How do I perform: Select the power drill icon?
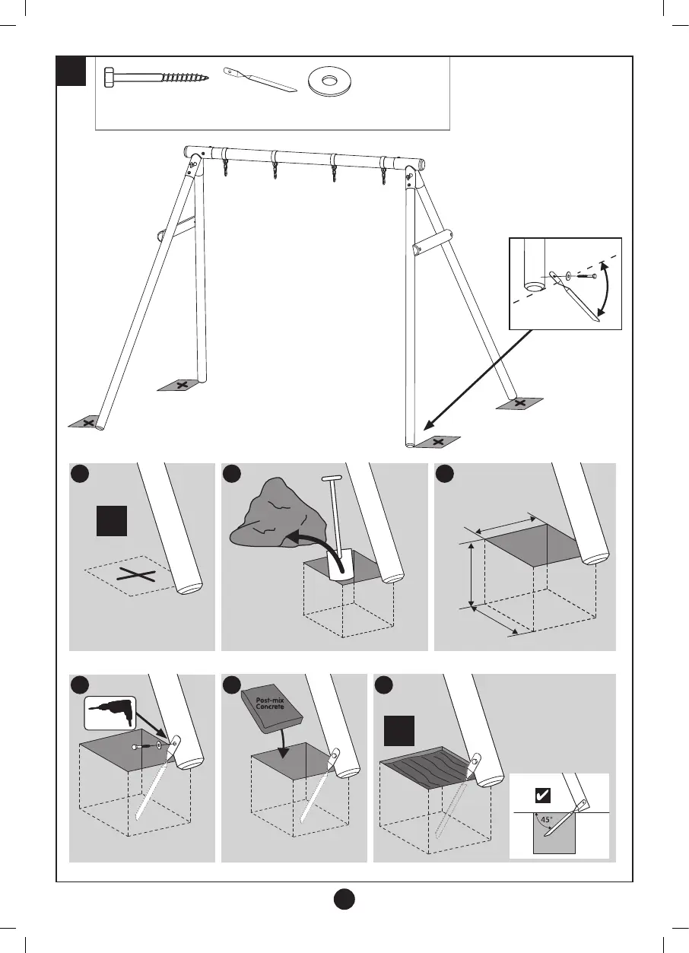[x=111, y=713]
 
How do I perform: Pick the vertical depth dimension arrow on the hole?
[x=473, y=576]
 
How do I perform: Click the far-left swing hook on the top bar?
[x=225, y=167]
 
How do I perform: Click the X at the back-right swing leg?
[x=519, y=403]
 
